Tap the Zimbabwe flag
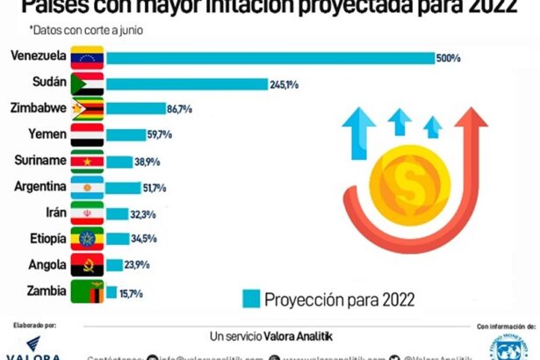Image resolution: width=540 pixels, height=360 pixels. coord(89,110)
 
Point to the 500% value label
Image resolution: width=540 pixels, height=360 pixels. coord(448,58)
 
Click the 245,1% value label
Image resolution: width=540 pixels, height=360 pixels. coord(285,84)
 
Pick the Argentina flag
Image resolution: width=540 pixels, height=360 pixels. coord(89,188)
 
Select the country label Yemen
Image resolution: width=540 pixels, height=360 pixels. coord(44,135)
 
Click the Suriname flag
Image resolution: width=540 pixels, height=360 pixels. coord(89,162)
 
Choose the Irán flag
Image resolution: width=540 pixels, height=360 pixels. coord(89,213)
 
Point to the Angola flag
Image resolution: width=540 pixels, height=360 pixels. coord(89,265)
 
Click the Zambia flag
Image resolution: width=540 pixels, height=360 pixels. coord(89,292)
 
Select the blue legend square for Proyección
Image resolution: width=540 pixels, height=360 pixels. coord(252,297)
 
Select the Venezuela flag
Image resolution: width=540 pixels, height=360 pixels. coord(89,58)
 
